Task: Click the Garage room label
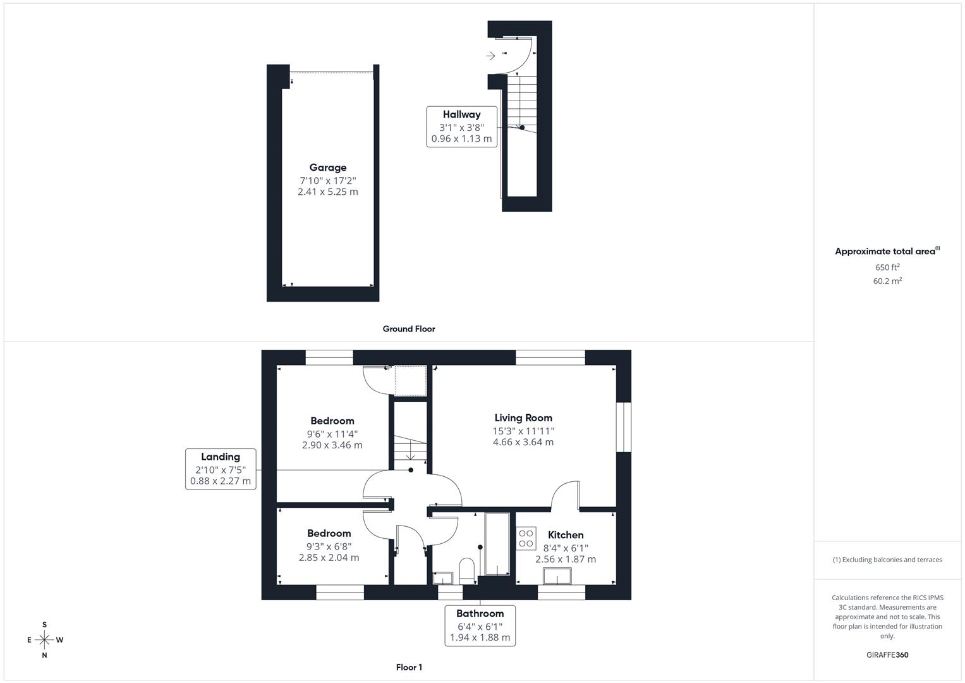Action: tap(327, 168)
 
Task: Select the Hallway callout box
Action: tap(461, 126)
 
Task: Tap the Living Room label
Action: tap(523, 418)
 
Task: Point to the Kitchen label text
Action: tap(566, 535)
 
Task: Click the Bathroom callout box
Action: tap(480, 625)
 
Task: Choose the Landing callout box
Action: tap(221, 469)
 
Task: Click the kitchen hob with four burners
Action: tap(526, 538)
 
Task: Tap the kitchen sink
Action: tap(557, 576)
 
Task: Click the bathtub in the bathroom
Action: tap(497, 544)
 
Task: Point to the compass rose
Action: tap(44, 640)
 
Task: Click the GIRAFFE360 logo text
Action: tap(887, 655)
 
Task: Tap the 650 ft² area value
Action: tap(887, 268)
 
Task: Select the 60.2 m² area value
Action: tap(887, 281)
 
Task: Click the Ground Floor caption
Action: tap(409, 329)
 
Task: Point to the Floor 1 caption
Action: tap(409, 667)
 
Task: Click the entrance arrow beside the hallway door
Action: tap(490, 56)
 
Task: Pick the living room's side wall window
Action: tap(624, 428)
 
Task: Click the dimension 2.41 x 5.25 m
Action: tap(327, 192)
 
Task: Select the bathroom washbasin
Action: tap(443, 577)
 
